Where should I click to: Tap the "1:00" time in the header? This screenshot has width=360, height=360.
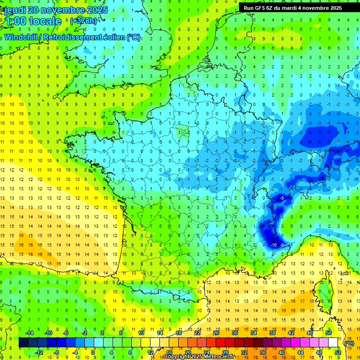click(x=15, y=21)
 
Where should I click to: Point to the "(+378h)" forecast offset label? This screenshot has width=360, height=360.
click(x=83, y=21)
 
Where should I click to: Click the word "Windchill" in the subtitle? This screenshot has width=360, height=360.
click(x=22, y=37)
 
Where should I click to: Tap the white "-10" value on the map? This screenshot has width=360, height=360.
click(x=274, y=245)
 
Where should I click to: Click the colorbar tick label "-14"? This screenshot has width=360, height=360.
click(x=30, y=332)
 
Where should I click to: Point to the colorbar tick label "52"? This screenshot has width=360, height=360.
click(x=337, y=352)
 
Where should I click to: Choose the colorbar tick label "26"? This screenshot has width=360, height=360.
click(x=216, y=332)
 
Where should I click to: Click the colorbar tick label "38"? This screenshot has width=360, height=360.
click(x=272, y=332)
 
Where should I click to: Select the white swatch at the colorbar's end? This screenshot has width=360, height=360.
click(x=333, y=343)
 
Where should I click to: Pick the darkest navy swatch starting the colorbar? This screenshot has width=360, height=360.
click(x=23, y=343)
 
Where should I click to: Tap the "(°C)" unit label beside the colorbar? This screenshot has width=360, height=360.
click(x=349, y=343)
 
